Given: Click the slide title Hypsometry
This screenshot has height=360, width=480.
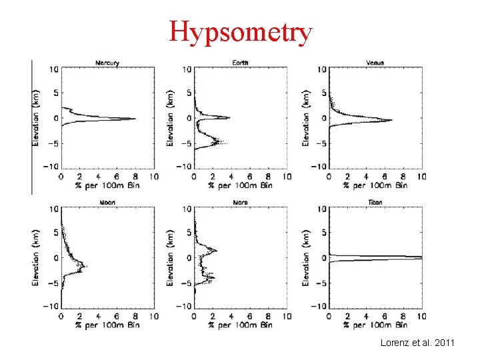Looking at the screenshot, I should click(240, 31).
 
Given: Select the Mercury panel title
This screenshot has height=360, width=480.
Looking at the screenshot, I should click(107, 63).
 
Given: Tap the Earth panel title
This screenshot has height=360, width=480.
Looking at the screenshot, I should click(241, 63).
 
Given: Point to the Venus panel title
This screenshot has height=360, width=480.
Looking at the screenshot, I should click(375, 63).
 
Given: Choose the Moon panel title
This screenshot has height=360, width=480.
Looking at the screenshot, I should click(107, 202).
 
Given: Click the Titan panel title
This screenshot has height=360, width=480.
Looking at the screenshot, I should click(375, 202).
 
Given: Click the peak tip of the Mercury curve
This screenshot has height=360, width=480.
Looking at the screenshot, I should click(136, 119).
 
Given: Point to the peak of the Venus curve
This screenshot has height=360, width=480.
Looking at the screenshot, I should click(392, 120).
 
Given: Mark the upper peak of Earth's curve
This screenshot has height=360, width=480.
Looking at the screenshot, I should click(229, 118).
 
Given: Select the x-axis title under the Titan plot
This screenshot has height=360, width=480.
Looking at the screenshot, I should click(375, 325).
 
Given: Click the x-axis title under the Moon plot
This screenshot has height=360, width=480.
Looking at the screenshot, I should click(107, 325).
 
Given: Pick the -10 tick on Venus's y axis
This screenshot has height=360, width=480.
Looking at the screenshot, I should click(319, 167).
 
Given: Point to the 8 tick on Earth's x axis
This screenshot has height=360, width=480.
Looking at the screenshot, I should click(268, 177).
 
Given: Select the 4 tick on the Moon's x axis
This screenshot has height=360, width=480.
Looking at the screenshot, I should click(98, 316).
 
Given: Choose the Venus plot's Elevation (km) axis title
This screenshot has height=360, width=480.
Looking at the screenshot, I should click(306, 117).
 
